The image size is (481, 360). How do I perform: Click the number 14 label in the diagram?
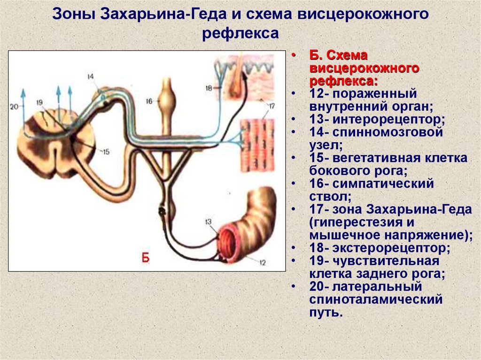(91, 76)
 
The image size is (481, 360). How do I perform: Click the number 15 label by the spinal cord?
(106, 151)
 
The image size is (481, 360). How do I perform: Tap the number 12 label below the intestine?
(262, 262)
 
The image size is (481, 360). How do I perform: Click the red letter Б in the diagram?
(146, 257)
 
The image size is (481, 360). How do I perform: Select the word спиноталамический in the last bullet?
(376, 299)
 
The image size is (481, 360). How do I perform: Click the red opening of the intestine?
(231, 244)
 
